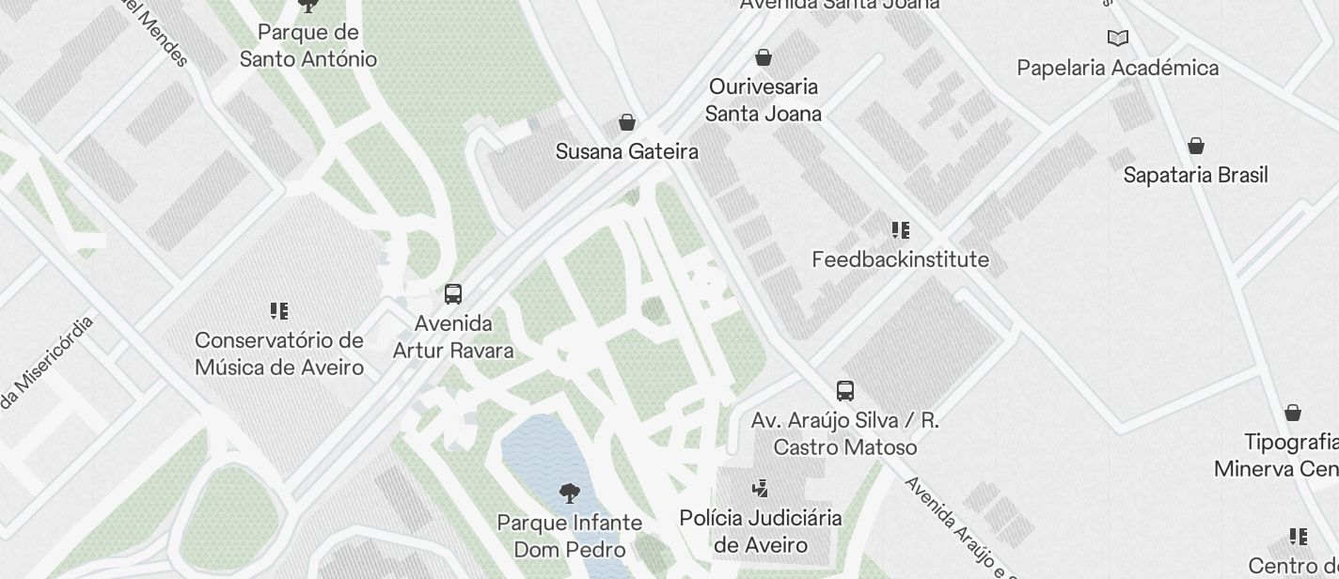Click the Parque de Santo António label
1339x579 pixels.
tap(307, 46)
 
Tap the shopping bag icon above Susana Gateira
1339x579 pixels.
tap(627, 122)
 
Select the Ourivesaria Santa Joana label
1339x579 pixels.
tap(764, 100)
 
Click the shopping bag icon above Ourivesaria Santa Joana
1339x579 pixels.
tap(764, 57)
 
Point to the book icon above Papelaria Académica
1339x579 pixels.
tap(1117, 39)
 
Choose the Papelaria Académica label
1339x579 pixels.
tap(1117, 68)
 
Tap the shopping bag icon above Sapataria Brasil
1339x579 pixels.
tap(1196, 146)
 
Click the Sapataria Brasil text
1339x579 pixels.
tap(1196, 175)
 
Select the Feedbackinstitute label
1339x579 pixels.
tap(901, 259)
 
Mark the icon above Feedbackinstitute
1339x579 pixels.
tap(901, 230)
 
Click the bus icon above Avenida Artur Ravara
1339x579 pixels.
tap(453, 294)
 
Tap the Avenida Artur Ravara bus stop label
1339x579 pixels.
tap(453, 337)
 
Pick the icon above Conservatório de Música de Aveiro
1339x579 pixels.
tap(279, 310)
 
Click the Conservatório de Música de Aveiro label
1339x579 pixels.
tap(279, 353)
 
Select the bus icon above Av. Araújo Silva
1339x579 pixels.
tap(845, 391)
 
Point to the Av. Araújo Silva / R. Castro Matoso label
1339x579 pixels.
tap(844, 434)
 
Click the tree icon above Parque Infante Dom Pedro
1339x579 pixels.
tap(569, 493)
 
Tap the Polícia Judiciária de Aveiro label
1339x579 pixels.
tap(761, 532)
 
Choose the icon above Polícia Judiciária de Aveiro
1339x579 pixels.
tap(761, 489)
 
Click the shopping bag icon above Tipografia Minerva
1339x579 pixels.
tap(1293, 413)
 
